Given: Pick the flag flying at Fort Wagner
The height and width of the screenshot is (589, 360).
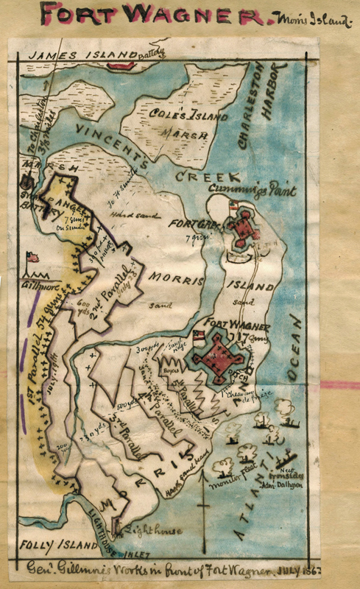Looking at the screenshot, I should click(x=197, y=336).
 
